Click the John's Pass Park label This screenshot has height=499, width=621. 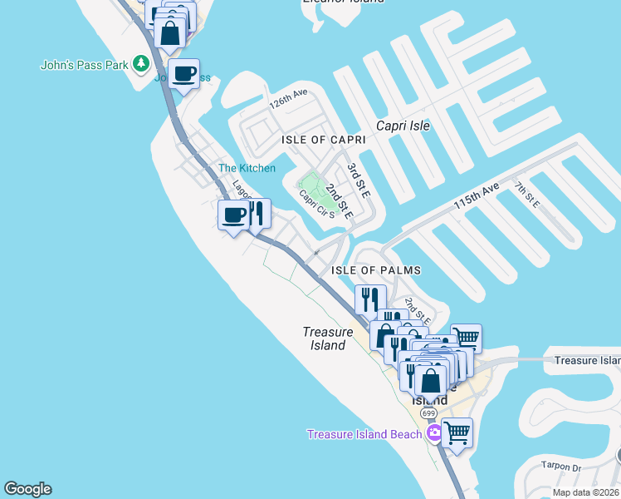pos(86,64)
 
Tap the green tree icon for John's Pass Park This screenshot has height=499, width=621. pos(142,63)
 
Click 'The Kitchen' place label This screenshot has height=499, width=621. pos(247,168)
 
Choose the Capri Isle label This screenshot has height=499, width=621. pos(403,126)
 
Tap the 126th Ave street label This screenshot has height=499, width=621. pos(288,100)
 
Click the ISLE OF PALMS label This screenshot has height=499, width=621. pos(376,270)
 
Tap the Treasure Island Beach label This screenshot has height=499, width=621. pos(364,434)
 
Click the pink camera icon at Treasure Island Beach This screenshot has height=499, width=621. pos(433,433)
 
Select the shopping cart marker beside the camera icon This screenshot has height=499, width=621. pos(457,432)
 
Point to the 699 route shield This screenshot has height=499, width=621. pos(428,413)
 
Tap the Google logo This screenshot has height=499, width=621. pos(27,489)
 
